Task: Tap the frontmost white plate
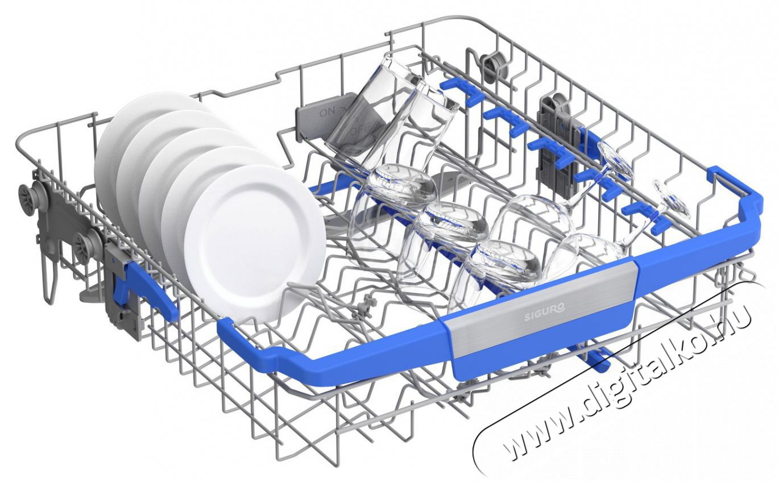coord(255,244)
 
